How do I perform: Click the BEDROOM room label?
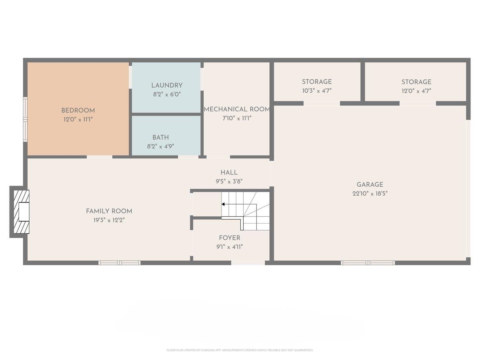(78, 110)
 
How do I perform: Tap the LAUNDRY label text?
(167, 85)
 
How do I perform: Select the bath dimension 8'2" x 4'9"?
(160, 146)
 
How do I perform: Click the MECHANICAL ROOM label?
(237, 109)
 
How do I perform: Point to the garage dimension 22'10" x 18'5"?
(370, 193)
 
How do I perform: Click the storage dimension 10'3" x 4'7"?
(316, 90)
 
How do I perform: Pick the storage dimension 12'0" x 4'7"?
(416, 90)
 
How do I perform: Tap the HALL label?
(229, 172)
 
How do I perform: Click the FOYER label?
(229, 238)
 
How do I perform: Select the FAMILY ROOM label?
(109, 211)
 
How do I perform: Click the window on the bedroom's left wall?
(25, 119)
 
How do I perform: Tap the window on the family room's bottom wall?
(120, 263)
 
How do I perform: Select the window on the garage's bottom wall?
(368, 263)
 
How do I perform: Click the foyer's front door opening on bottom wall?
(248, 263)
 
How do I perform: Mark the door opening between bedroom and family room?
(100, 157)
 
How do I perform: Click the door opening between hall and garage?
(272, 174)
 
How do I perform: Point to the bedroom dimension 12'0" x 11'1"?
(78, 119)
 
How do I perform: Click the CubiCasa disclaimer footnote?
(240, 350)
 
